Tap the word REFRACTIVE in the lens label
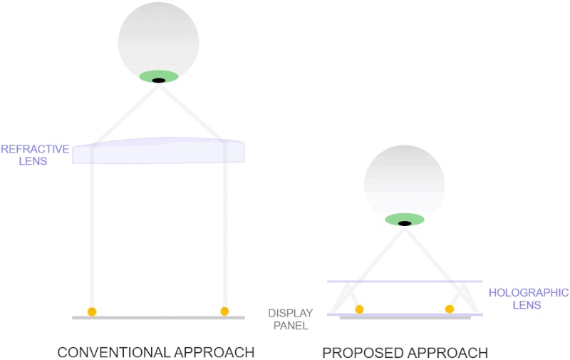coord(35,149)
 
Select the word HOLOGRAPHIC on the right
coord(528,292)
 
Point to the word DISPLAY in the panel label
coord(288,313)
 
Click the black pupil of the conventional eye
coord(159,80)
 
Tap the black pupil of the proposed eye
coord(404,223)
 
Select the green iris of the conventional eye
coord(146,76)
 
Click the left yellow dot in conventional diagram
coord(92,312)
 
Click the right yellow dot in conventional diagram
coord(224,311)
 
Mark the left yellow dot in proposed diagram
coord(359,309)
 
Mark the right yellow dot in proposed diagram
coord(449,309)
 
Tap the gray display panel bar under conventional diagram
coord(158,317)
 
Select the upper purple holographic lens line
coord(404,282)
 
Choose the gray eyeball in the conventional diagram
coord(158,39)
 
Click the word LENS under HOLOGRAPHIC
coord(528,305)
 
